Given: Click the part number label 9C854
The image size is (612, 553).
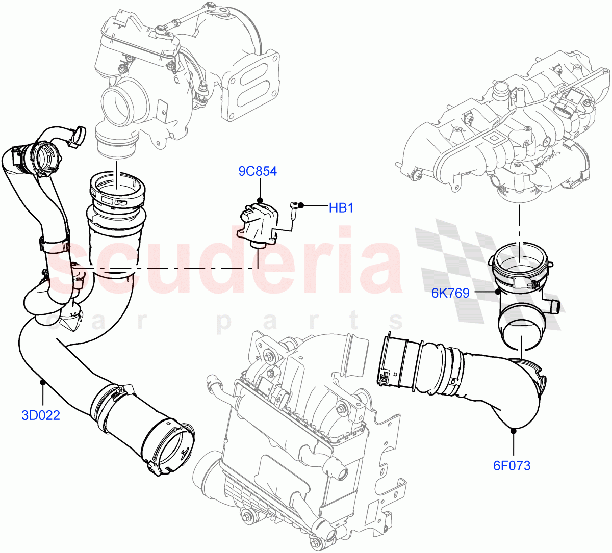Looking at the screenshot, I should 258,171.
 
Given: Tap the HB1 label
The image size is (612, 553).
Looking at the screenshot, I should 341,208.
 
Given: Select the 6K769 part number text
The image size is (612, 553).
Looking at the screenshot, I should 450,293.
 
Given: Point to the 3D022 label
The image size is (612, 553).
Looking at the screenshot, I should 41,415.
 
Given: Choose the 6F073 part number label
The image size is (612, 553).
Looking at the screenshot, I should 512,465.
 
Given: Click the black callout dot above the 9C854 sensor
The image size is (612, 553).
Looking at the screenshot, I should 260,200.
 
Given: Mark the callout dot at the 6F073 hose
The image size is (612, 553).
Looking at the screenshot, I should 513,431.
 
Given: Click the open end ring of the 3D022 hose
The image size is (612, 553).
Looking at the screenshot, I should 168,448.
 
